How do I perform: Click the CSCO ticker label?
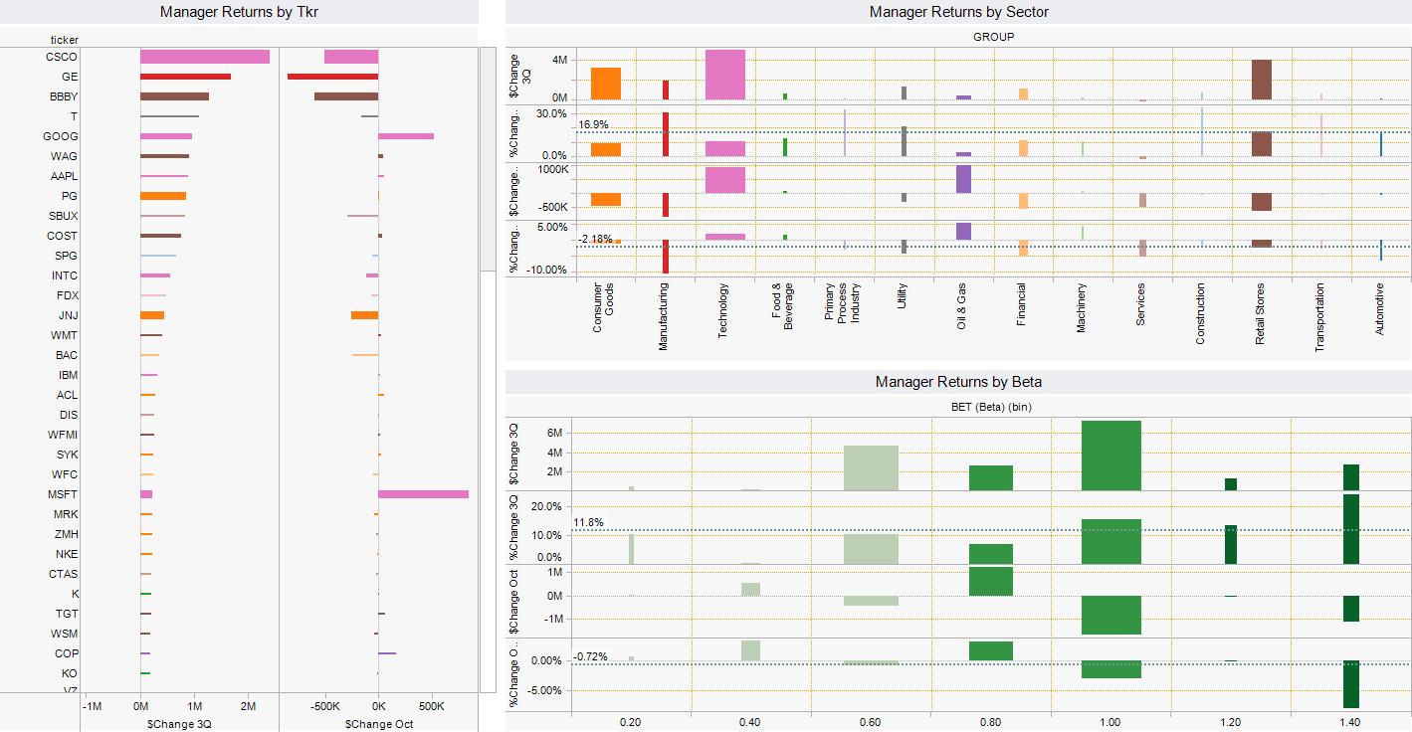(62, 57)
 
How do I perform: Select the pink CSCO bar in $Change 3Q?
(205, 57)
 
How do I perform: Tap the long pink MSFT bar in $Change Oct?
(423, 494)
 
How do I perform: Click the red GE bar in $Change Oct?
(332, 77)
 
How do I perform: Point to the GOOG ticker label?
(61, 136)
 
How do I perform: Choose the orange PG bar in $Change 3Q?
(163, 196)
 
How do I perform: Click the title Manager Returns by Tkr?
(240, 12)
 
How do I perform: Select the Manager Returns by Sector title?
(958, 12)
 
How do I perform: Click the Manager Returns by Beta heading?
(958, 382)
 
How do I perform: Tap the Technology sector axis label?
(723, 311)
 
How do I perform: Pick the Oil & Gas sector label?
(961, 306)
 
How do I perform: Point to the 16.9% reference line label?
(593, 125)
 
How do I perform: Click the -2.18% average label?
(595, 239)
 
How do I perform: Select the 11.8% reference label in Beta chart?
(588, 523)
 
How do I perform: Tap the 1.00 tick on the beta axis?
(1110, 723)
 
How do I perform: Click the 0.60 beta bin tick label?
(871, 723)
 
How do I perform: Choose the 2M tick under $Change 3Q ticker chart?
(248, 706)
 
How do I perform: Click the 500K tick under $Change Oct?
(431, 706)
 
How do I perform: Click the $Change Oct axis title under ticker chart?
(378, 724)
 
